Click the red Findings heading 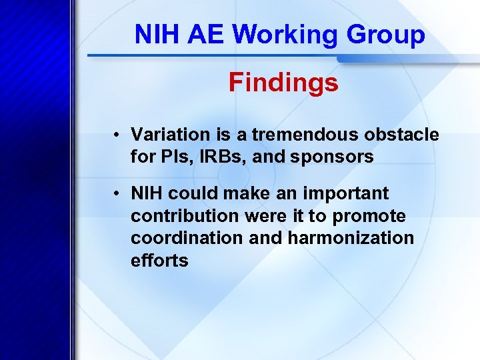pos(283,83)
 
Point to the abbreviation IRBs pos(217,157)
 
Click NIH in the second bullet pos(147,193)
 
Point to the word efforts pos(159,260)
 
